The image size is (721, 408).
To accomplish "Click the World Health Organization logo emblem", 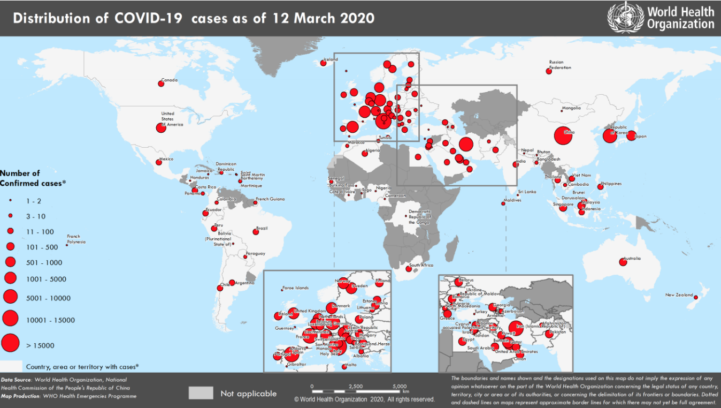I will [x=625, y=17].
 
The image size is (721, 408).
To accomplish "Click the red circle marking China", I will [x=563, y=135].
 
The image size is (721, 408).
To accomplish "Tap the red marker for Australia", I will [x=623, y=262].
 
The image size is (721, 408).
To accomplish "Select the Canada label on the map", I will [x=170, y=80].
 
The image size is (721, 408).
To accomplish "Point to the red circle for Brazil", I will [x=256, y=232].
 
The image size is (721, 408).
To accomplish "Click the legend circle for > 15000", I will [x=10, y=343].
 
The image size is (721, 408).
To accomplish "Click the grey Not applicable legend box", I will [x=201, y=393].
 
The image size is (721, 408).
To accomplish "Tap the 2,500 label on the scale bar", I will [x=355, y=386].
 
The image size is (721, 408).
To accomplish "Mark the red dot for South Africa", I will [x=409, y=269].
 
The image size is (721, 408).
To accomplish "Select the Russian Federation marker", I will [x=549, y=71].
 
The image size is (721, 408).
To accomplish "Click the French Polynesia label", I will [x=76, y=239].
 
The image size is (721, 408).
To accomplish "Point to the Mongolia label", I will [x=571, y=109].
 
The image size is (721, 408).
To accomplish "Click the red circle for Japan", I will [x=631, y=135].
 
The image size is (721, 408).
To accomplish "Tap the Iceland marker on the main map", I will [x=323, y=63].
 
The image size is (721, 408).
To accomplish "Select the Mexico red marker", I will [x=159, y=162].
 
